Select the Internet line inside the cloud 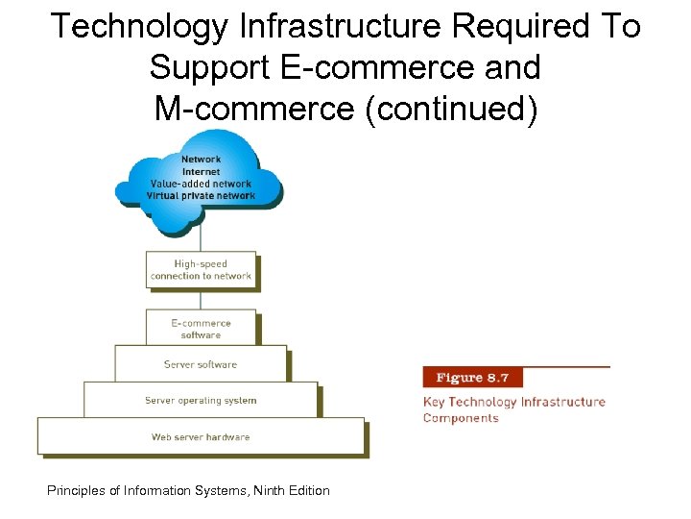[x=201, y=171]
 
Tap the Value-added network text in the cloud [x=201, y=184]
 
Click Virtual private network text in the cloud [x=201, y=196]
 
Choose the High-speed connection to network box [x=201, y=270]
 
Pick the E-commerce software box [x=201, y=329]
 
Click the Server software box [x=201, y=364]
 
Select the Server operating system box [x=201, y=400]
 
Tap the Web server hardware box [x=201, y=436]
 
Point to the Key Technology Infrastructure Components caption [x=513, y=409]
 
